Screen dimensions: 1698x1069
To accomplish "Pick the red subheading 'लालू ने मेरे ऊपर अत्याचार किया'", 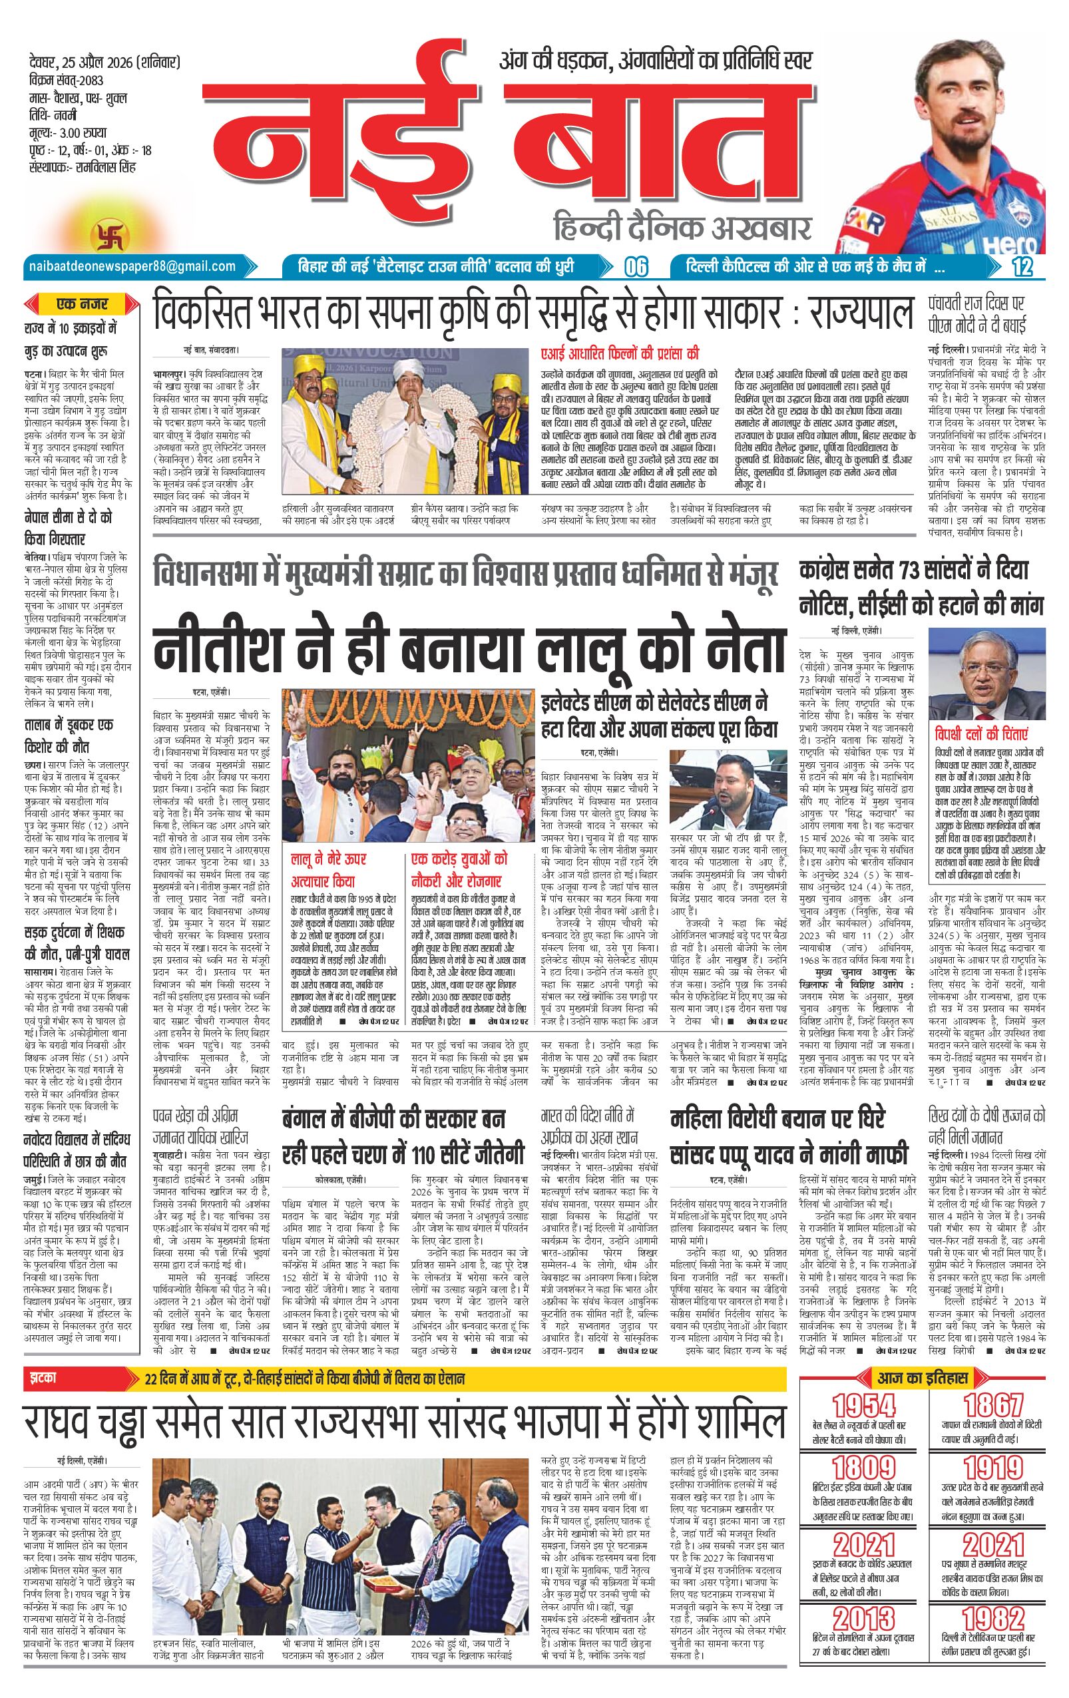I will (x=329, y=869).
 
